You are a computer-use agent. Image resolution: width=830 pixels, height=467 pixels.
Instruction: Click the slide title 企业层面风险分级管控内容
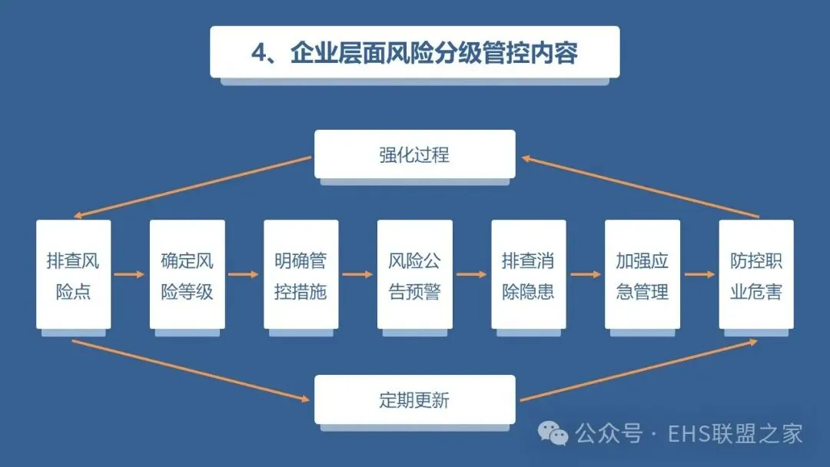414,52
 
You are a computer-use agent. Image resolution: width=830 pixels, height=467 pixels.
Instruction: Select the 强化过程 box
414,154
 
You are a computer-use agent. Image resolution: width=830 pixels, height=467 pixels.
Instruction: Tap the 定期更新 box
414,399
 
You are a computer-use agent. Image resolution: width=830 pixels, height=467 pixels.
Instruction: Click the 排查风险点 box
73,275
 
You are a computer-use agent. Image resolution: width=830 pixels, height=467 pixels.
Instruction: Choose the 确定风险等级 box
187,275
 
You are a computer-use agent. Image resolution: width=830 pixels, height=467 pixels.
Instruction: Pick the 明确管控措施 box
300,275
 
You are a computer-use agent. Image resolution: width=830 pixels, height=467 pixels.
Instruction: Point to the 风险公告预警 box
414,275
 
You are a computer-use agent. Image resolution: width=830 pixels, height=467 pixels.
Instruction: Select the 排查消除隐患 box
528,275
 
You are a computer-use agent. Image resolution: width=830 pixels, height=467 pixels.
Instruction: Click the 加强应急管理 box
642,275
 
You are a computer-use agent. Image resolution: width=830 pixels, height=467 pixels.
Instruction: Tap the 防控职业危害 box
755,275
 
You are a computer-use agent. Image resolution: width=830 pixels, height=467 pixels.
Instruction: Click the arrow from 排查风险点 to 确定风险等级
130,274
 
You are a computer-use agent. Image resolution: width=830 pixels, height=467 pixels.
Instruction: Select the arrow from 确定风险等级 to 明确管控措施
244,274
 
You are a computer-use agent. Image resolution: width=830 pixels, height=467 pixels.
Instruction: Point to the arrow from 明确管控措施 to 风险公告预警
357,274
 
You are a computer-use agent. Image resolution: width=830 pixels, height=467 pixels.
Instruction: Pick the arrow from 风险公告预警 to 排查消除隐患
471,274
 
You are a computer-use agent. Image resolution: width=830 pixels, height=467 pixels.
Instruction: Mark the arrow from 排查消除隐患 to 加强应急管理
585,274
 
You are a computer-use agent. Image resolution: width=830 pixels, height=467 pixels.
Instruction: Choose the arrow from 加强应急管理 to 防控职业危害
699,274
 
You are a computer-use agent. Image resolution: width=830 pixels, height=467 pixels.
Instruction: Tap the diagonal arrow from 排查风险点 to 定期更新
192,371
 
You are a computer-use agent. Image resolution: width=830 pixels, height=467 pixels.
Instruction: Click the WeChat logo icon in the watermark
553,433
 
